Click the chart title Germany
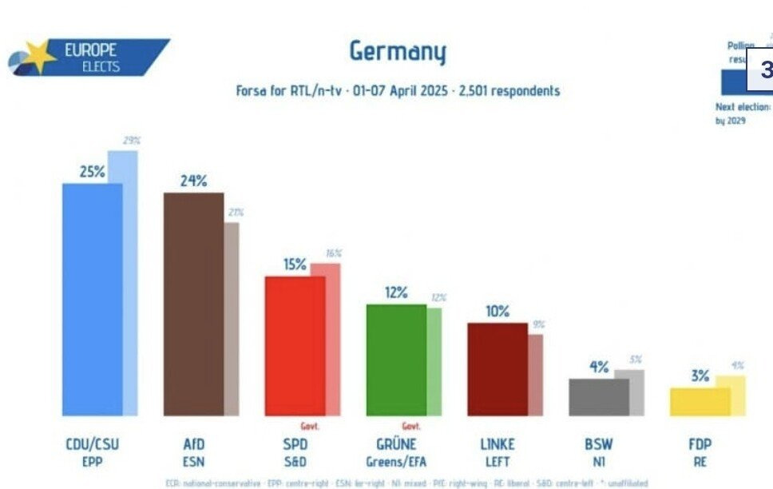pos(398,52)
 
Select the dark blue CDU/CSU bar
pos(92,300)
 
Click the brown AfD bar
pos(193,304)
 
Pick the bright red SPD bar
pos(295,345)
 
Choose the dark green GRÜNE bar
pos(396,360)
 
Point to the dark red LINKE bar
pos(497,368)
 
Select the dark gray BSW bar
pos(598,397)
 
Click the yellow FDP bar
pos(700,402)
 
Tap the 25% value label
pos(92,171)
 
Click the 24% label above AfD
pos(193,181)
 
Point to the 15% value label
pos(295,264)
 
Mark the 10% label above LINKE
pos(497,311)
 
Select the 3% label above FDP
pos(700,376)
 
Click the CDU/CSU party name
pos(92,444)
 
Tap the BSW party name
pos(598,444)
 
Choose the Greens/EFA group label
pos(396,461)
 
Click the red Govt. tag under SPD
pos(309,426)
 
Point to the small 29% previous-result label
pos(131,141)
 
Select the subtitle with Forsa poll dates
pos(398,91)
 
